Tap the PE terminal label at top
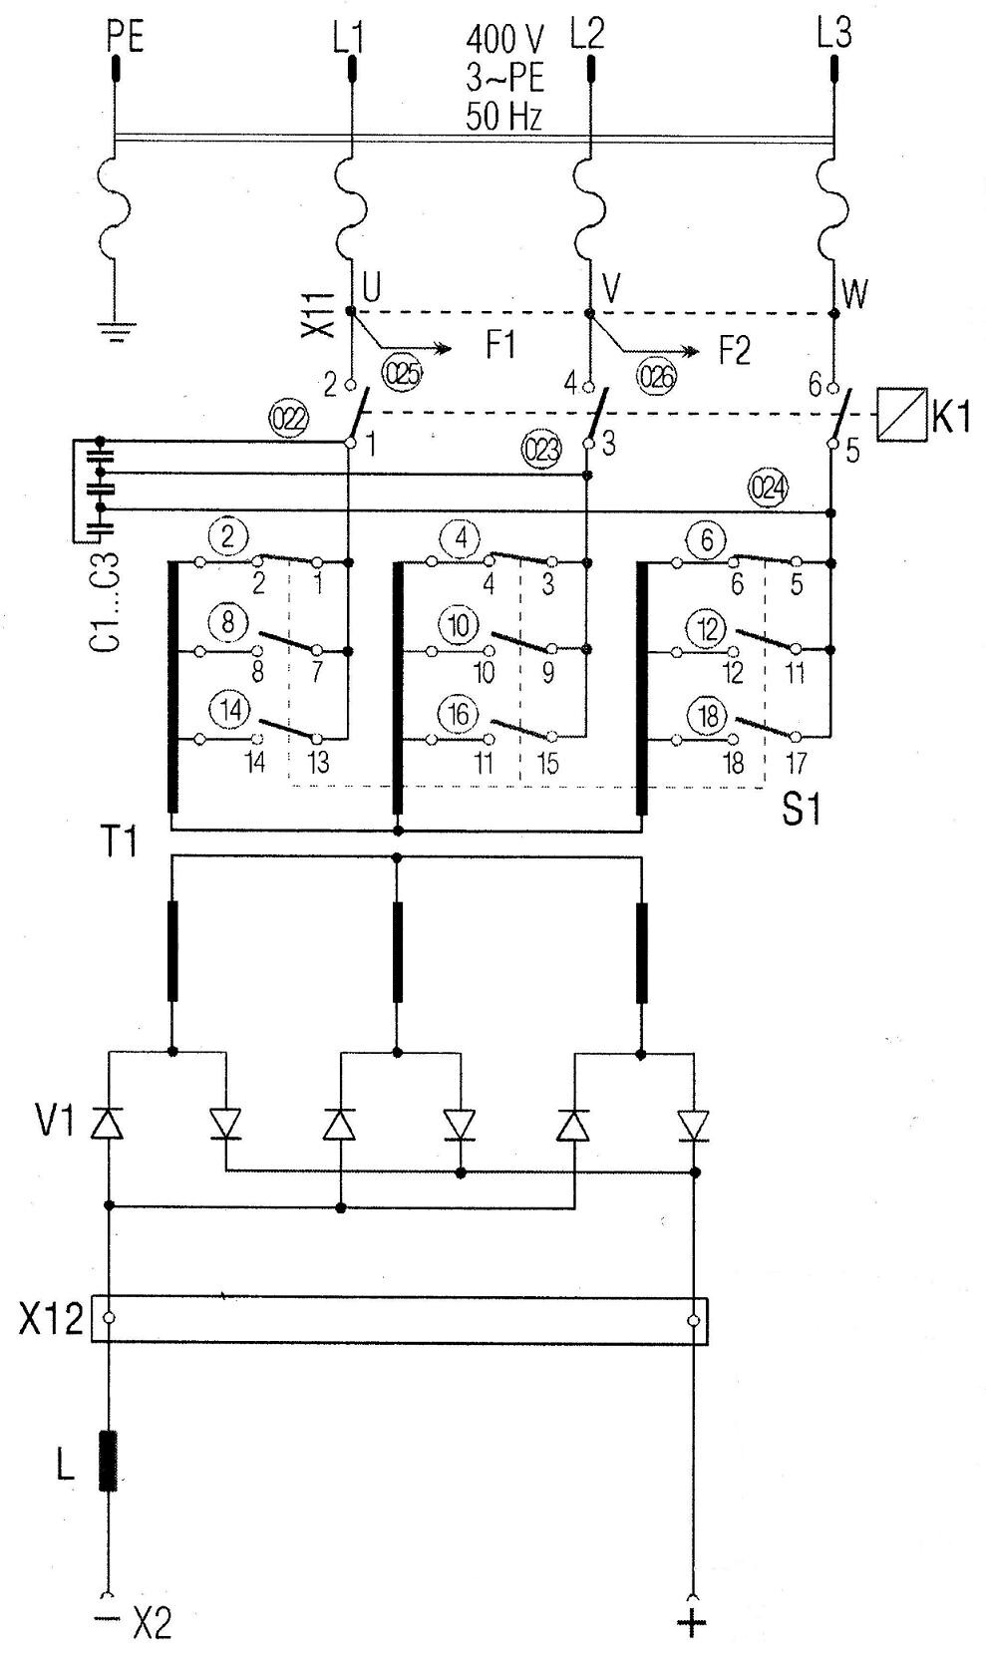pos(125,37)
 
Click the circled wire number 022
pos(289,418)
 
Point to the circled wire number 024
pos(769,488)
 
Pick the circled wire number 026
pos(656,376)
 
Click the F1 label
pos(500,346)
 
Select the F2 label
pos(734,350)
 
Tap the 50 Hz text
pos(504,117)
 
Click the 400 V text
pos(504,40)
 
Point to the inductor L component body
pos(108,1461)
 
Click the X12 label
pos(51,1320)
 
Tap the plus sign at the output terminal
pos(691,1622)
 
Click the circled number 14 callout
pos(231,711)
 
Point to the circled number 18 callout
pos(708,716)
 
